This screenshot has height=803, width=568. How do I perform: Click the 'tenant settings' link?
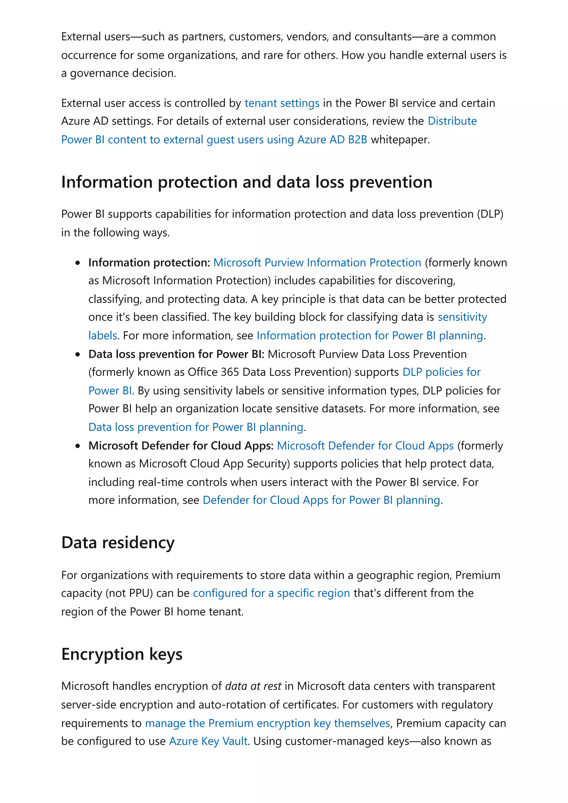click(282, 103)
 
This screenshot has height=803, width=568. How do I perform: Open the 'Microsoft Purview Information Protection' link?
click(317, 263)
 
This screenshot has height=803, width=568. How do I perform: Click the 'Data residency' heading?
click(118, 543)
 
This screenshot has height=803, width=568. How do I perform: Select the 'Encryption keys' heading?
click(122, 654)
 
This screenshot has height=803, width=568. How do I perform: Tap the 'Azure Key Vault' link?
click(208, 741)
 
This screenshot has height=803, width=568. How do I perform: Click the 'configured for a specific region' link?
click(271, 593)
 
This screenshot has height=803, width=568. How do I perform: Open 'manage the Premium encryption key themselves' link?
click(267, 723)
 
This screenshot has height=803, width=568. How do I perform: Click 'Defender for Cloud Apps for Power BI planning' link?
click(321, 500)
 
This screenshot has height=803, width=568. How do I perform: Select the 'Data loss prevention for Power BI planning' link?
click(196, 427)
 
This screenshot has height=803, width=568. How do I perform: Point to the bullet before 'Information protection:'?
click(78, 263)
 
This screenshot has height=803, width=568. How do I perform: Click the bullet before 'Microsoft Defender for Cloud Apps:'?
click(78, 446)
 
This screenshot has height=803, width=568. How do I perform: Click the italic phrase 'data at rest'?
click(253, 686)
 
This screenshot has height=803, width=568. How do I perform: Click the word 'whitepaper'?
click(400, 140)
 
